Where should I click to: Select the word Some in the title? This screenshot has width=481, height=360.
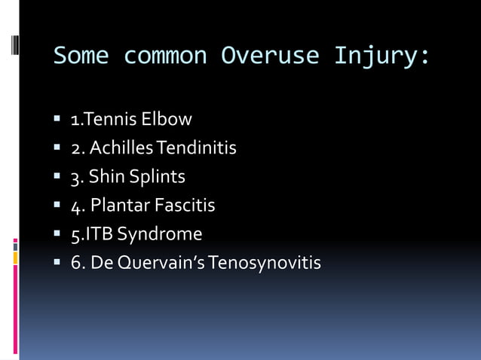(81, 56)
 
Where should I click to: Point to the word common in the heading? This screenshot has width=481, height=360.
(164, 56)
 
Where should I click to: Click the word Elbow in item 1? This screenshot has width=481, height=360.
(171, 119)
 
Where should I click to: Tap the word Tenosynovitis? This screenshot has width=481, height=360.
(265, 263)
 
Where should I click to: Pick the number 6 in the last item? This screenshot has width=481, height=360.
(75, 264)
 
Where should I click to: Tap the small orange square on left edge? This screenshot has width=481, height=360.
(15, 258)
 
